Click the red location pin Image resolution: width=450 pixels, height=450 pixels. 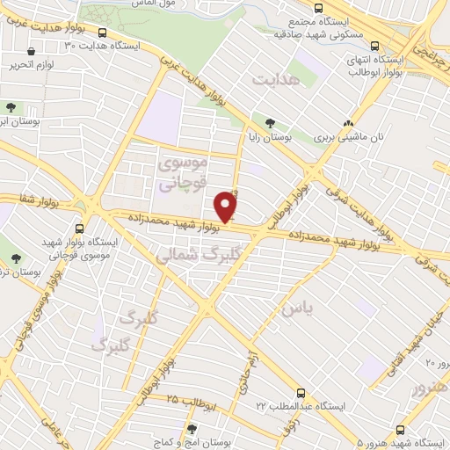227,207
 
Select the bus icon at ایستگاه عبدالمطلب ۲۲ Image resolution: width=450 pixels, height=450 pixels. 301,393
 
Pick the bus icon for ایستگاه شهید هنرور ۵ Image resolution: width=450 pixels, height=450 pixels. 400,430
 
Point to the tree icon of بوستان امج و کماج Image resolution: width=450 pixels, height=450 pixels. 191,429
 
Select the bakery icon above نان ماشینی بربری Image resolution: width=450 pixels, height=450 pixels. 350,124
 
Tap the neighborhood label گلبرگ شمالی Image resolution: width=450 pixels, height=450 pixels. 188,254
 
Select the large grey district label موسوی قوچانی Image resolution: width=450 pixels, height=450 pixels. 183,173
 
